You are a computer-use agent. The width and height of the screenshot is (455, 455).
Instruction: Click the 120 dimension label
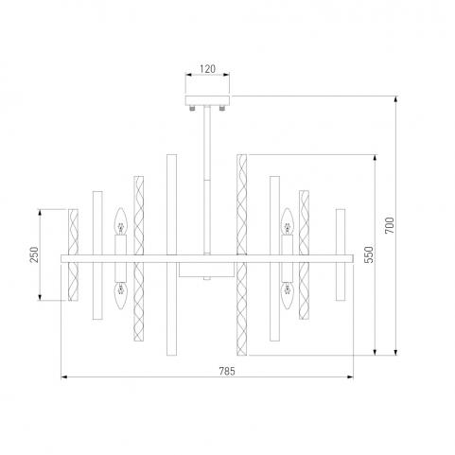pyautogui.click(x=207, y=69)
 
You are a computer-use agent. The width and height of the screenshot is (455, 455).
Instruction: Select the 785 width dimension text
pyautogui.click(x=227, y=371)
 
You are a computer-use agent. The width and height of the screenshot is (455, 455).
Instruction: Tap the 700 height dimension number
pyautogui.click(x=390, y=225)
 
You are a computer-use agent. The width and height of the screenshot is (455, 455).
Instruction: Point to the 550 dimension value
pyautogui.click(x=369, y=254)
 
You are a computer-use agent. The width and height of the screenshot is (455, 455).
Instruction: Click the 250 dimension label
pyautogui.click(x=34, y=254)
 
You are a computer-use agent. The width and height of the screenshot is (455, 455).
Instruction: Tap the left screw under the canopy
pyautogui.click(x=192, y=108)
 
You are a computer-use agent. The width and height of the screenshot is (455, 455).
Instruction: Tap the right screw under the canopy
pyautogui.click(x=222, y=108)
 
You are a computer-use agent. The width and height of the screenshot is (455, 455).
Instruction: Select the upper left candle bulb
pyautogui.click(x=120, y=221)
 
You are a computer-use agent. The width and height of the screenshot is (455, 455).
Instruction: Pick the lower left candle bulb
pyautogui.click(x=120, y=295)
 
